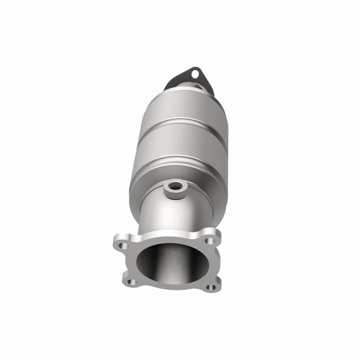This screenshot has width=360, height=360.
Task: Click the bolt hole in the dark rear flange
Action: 195,74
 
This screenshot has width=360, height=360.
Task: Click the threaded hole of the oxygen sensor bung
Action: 175,187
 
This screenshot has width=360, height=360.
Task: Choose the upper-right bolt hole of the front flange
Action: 210,240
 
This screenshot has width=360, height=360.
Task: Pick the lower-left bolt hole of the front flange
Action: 132,282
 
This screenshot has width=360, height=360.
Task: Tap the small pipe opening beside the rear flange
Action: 199,88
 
